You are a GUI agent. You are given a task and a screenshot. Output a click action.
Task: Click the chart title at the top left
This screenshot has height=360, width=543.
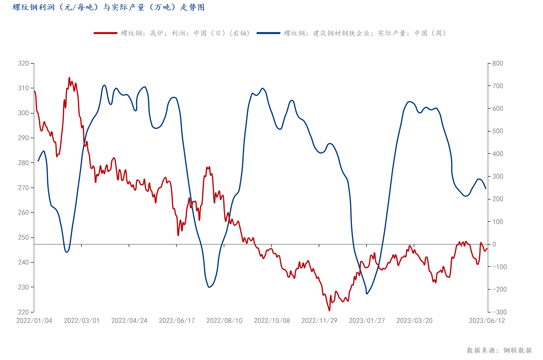(x=109, y=7)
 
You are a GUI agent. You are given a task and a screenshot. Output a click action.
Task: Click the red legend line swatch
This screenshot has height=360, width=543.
(x=106, y=33)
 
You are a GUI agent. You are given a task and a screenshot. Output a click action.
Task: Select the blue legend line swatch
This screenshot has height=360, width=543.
(x=268, y=33)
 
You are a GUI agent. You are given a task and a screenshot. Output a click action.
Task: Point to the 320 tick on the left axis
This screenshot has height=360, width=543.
(x=23, y=63)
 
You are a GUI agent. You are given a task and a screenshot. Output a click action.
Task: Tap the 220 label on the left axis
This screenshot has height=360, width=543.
(x=23, y=312)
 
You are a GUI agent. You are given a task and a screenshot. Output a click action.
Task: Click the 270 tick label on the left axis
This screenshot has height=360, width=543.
(x=23, y=188)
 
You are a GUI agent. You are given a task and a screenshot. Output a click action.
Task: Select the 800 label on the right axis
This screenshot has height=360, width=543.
(x=498, y=63)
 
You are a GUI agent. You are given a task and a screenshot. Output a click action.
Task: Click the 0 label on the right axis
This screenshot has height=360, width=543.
(x=494, y=244)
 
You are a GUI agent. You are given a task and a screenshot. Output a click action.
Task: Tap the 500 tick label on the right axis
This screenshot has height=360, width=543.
(x=498, y=131)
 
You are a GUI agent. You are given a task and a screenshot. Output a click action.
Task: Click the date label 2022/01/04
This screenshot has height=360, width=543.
(x=34, y=321)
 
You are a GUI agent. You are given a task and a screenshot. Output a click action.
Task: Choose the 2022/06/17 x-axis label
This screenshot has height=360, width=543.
(x=177, y=321)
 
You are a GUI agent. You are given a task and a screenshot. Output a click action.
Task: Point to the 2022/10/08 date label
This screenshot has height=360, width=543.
(x=272, y=321)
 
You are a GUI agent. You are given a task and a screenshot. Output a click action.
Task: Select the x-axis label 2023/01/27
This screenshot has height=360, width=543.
(x=367, y=321)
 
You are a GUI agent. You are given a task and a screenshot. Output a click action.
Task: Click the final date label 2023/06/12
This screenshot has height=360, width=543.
(x=487, y=321)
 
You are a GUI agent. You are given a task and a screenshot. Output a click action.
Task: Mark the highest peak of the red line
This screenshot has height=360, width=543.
(x=69, y=78)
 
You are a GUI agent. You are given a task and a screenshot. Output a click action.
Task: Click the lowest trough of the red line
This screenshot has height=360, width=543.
(x=329, y=310)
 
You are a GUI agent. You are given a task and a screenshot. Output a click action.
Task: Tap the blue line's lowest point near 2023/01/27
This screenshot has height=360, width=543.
(x=367, y=294)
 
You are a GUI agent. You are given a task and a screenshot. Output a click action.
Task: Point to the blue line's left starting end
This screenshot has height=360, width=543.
(x=38, y=161)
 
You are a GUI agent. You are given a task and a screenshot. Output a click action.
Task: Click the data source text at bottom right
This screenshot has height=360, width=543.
(x=499, y=350)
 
